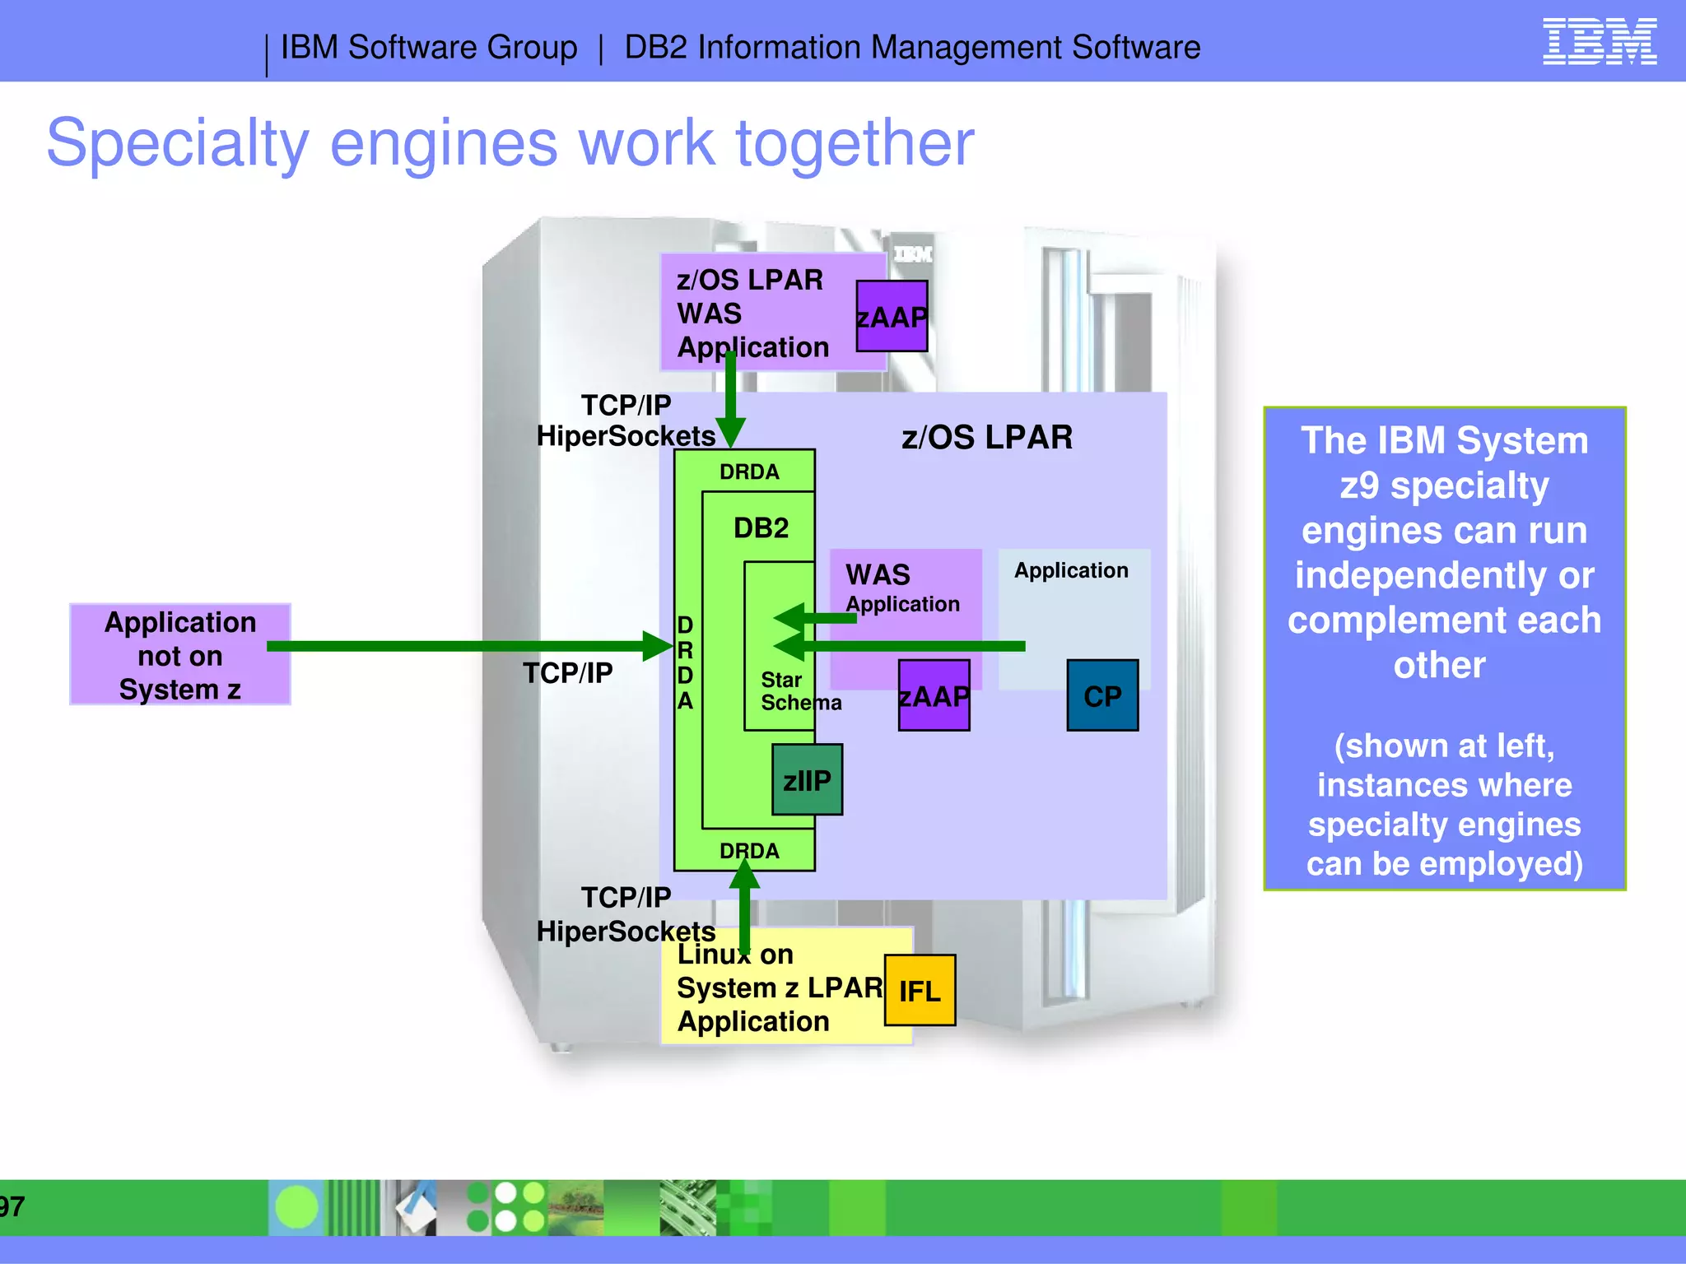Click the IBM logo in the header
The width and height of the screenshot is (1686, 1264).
point(1599,42)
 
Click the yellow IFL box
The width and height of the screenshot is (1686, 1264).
point(920,991)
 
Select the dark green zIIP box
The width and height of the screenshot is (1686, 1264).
point(807,780)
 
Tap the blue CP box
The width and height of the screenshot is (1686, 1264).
point(1102,696)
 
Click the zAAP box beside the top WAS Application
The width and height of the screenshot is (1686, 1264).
point(892,317)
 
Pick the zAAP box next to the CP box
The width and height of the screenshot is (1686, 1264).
point(934,696)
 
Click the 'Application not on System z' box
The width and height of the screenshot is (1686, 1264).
point(180,655)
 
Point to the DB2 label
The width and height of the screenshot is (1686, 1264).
point(761,527)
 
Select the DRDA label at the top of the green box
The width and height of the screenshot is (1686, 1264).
point(748,472)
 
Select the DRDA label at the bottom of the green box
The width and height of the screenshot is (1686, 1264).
point(748,851)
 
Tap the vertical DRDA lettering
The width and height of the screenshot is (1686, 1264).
point(685,662)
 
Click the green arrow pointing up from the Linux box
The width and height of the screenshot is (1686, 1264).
point(744,905)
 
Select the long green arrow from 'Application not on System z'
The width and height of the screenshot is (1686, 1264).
point(461,646)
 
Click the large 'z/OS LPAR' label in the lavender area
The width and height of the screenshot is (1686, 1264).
point(986,437)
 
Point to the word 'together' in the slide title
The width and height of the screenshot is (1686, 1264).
point(854,142)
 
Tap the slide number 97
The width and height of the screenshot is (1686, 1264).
point(12,1206)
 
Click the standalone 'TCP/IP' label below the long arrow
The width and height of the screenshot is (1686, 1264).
point(567,673)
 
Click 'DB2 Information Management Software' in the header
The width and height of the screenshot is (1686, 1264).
point(911,48)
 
